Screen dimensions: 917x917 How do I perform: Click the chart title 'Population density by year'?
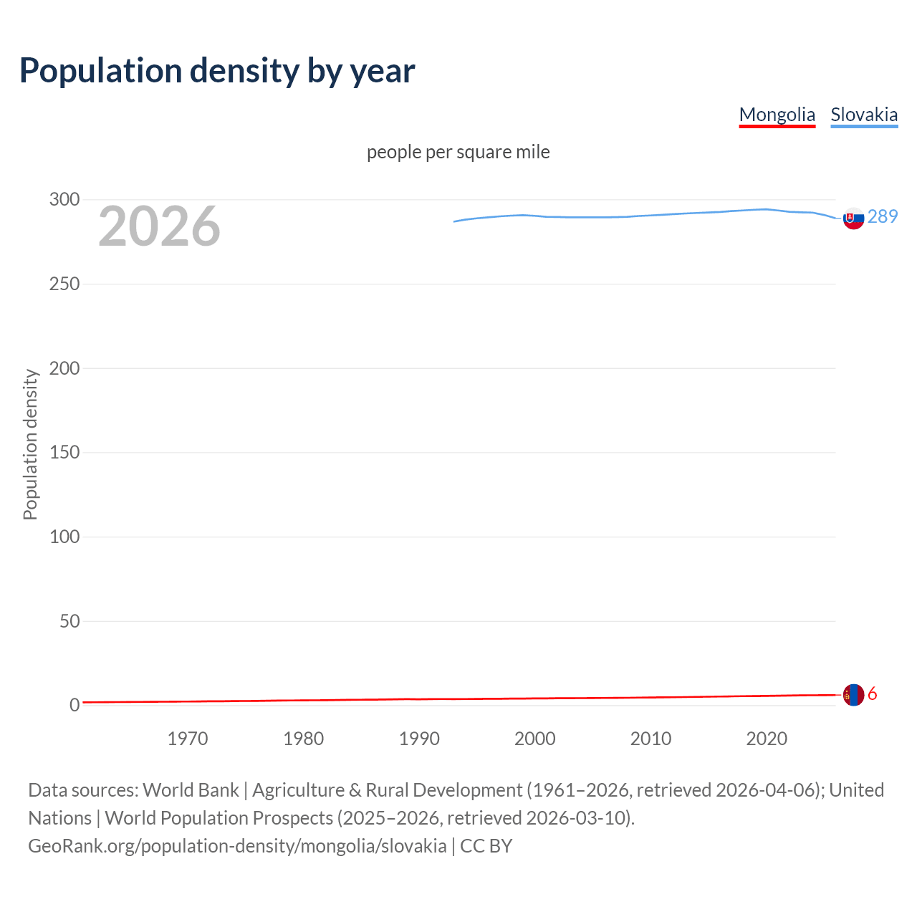(217, 71)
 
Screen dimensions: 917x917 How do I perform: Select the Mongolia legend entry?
(777, 115)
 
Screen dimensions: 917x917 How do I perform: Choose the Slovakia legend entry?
(863, 115)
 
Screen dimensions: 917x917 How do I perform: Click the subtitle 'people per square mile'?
(458, 152)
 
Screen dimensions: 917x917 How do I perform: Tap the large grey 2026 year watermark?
(159, 226)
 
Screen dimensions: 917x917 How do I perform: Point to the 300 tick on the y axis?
(64, 200)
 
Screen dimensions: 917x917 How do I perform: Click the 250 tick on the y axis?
(64, 284)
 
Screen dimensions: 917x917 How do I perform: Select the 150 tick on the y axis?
(64, 453)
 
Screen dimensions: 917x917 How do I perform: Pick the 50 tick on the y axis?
(69, 621)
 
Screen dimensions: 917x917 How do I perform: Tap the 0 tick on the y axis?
(75, 706)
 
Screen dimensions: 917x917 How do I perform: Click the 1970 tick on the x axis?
(188, 739)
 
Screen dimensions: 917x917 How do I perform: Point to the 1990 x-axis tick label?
(419, 739)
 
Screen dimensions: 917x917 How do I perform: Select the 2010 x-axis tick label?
(650, 739)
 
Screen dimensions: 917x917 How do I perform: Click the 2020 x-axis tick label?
(767, 739)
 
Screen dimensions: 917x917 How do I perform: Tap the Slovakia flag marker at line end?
(853, 218)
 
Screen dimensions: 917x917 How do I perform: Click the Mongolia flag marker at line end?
(853, 695)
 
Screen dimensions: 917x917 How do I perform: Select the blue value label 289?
(883, 216)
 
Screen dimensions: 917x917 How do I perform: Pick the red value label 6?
(873, 694)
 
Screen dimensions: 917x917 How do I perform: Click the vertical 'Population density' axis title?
(30, 444)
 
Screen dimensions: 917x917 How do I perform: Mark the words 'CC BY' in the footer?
(486, 846)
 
